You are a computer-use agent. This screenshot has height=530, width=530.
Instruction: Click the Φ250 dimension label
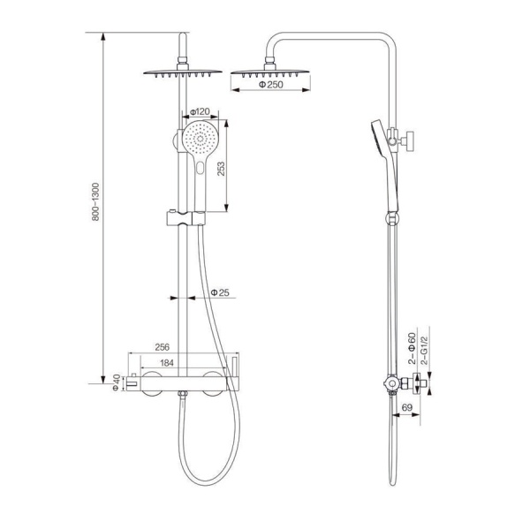click(271, 85)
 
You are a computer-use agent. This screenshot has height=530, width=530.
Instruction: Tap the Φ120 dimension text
click(200, 112)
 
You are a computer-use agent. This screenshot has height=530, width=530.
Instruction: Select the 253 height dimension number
click(220, 169)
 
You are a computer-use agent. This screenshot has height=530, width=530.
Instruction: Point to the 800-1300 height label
click(95, 201)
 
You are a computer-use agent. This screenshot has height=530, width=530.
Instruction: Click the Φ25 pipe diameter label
click(220, 292)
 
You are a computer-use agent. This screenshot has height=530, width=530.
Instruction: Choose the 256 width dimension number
click(162, 347)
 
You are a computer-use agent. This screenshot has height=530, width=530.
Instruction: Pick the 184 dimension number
click(167, 363)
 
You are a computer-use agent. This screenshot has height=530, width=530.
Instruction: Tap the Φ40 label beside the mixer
click(116, 382)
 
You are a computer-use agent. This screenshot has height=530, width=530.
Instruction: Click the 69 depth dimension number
click(407, 407)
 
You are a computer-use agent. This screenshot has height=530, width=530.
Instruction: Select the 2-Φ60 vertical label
click(412, 348)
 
